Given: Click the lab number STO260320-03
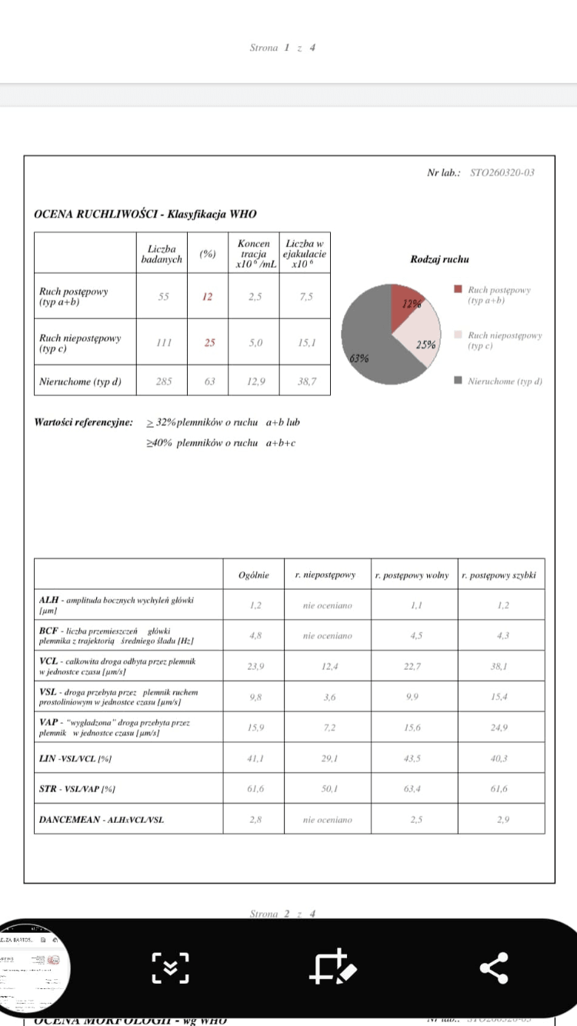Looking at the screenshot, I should point(502,173).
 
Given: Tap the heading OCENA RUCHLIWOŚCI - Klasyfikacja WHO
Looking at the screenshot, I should point(145,215).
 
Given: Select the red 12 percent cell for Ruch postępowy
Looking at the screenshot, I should point(207,297).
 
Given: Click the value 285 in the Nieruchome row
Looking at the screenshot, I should point(162,381).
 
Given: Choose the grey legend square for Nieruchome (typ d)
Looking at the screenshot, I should point(459,381).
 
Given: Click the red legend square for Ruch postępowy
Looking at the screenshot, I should point(459,290).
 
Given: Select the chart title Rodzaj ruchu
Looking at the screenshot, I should point(440,260).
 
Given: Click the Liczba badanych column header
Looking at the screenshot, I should point(162,255).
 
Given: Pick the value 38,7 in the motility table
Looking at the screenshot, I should point(305,381).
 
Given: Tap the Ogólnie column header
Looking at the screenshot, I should point(254,575).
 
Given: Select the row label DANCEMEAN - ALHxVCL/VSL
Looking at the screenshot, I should point(101,820).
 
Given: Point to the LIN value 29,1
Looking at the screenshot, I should point(327,758).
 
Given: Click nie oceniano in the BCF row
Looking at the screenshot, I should point(327,636).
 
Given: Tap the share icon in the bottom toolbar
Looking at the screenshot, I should point(493,968).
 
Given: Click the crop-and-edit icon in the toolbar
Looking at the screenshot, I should point(332,968).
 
